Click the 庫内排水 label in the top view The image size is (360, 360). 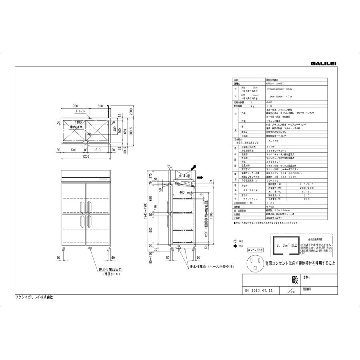click(x=76, y=127)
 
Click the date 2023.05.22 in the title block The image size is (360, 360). click(x=262, y=291)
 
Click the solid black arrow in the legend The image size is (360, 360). click(x=235, y=246)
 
